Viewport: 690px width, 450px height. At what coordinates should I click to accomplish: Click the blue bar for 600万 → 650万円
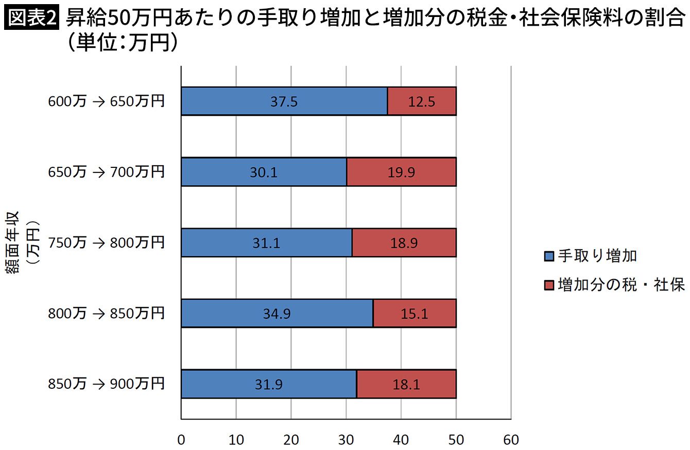coord(284,101)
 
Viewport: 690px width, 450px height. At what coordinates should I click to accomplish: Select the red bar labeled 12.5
coord(422,101)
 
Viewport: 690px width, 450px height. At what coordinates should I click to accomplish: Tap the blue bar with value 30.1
coord(264,171)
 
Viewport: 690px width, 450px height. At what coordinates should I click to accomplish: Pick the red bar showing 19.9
coord(401,171)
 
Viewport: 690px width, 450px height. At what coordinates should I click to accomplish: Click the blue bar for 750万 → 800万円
coord(267,242)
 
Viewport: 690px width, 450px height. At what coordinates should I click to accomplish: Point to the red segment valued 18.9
coord(404,242)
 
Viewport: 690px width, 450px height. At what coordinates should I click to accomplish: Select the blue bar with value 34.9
coord(277,313)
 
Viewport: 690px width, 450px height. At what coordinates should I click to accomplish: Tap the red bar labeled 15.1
coord(415,313)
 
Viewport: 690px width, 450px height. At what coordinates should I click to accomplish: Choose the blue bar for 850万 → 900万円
coord(269,384)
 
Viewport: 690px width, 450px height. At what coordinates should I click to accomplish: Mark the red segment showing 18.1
coord(406,384)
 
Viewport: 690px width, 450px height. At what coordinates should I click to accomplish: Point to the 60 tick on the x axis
coord(511,440)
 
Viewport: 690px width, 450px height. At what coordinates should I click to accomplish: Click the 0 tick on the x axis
coord(181,440)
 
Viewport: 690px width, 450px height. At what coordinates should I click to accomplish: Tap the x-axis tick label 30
coord(346,440)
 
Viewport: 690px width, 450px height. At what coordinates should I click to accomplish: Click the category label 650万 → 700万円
coord(106,171)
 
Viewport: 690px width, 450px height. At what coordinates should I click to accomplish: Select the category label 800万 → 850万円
coord(106,313)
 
